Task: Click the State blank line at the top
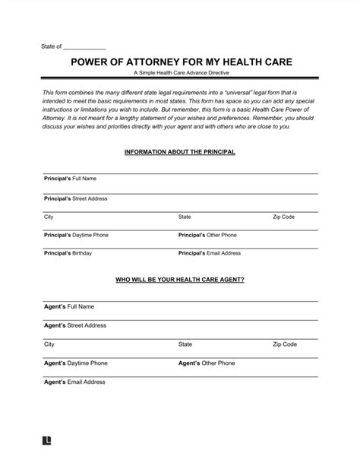(x=85, y=46)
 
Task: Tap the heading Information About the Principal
(x=179, y=152)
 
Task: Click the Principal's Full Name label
(x=70, y=179)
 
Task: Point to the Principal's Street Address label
(x=75, y=198)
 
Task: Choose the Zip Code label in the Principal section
(x=283, y=217)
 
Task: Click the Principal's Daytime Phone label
(x=76, y=235)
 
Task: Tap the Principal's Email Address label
(x=210, y=253)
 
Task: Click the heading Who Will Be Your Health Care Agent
(x=179, y=280)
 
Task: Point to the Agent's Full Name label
(x=68, y=307)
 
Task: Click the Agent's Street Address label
(x=74, y=325)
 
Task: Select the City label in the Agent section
(x=49, y=344)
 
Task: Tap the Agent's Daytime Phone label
(x=75, y=363)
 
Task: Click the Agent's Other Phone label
(x=206, y=363)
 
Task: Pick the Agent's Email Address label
(x=74, y=382)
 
